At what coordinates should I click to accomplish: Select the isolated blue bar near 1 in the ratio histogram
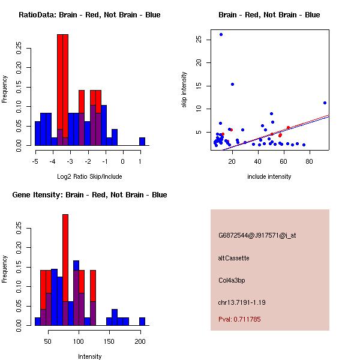[142, 142]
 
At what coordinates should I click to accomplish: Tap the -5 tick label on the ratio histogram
[35, 161]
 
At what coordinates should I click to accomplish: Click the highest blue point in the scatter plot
[221, 34]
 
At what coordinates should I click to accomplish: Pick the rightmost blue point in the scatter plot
[325, 103]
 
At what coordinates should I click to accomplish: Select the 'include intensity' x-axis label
[269, 176]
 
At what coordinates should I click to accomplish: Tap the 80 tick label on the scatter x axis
[310, 161]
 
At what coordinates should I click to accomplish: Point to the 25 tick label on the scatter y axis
[197, 39]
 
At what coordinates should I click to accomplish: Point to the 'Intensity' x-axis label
[89, 356]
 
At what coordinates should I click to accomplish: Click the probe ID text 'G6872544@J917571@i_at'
[257, 235]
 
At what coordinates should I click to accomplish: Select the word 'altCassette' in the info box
[233, 258]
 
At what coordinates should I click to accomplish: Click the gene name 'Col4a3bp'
[232, 280]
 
